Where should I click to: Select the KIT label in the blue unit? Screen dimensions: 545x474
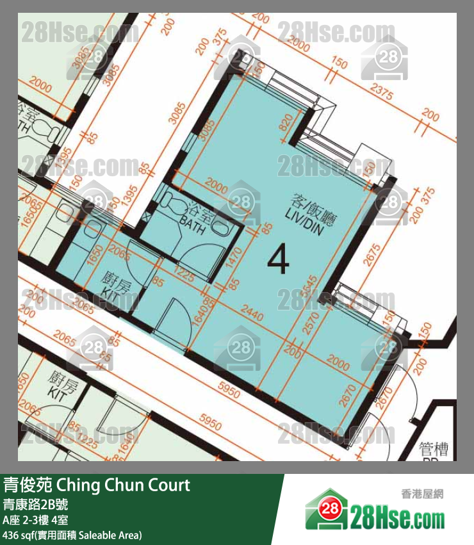click(x=117, y=285)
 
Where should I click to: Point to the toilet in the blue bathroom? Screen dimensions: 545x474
click(x=172, y=205)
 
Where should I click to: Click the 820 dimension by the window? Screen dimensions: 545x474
click(x=286, y=124)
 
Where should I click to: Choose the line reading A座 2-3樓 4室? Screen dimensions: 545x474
click(x=42, y=519)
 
